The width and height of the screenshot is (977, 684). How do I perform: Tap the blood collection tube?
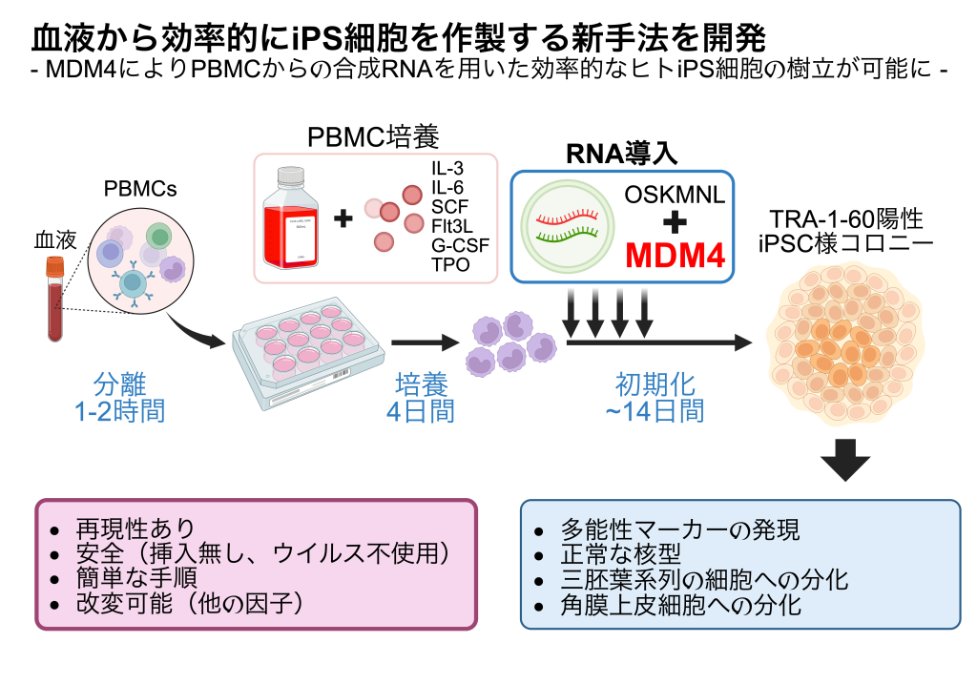pyautogui.click(x=54, y=297)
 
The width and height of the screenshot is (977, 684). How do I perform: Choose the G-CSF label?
pyautogui.click(x=460, y=245)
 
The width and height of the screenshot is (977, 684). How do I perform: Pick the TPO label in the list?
pyautogui.click(x=450, y=264)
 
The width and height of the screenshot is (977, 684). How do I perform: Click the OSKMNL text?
pyautogui.click(x=675, y=195)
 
